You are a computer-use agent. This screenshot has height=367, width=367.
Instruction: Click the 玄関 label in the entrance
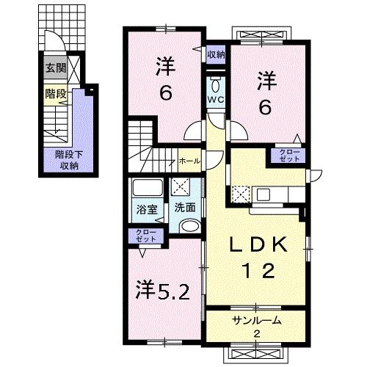(55, 69)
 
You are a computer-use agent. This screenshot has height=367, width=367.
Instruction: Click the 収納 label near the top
(215, 54)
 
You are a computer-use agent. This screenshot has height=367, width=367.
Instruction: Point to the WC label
(215, 99)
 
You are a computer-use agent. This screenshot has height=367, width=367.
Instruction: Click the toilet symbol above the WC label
(215, 82)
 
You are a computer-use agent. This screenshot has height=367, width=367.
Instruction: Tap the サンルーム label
(257, 321)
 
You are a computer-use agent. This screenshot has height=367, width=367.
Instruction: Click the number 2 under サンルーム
(257, 335)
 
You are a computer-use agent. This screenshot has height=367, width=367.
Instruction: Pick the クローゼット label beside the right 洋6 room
(288, 154)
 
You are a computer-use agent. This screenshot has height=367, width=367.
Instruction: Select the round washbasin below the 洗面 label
(189, 226)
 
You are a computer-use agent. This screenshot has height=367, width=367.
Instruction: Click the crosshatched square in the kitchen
(241, 195)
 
